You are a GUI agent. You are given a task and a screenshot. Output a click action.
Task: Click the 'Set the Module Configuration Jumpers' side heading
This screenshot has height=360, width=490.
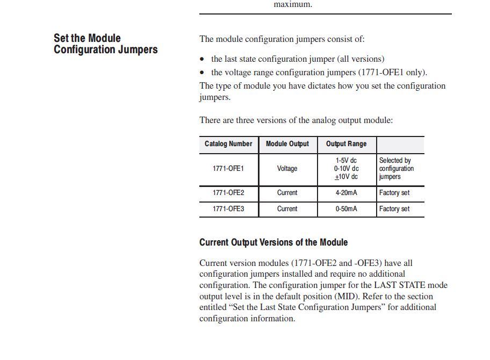click(105, 44)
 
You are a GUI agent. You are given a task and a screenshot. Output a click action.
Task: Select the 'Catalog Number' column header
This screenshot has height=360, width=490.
click(228, 144)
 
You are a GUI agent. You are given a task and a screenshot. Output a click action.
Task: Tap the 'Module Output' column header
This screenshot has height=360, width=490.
click(287, 144)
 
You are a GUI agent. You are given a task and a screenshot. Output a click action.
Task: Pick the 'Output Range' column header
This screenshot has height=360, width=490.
click(346, 144)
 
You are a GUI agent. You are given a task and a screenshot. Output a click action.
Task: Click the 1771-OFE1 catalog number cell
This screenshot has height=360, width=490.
click(228, 169)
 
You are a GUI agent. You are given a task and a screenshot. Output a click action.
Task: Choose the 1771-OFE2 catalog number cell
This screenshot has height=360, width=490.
click(228, 193)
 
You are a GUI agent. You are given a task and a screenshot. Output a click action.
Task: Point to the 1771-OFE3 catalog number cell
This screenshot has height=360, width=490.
click(228, 209)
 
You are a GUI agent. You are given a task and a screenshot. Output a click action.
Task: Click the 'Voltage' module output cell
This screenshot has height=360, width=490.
click(287, 169)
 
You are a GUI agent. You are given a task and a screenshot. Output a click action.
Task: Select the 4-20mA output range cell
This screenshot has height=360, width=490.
click(346, 193)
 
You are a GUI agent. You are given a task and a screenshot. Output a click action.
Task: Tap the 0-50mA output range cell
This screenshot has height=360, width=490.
click(346, 209)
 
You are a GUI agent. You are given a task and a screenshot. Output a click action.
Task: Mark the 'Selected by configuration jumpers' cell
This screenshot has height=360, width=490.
click(397, 169)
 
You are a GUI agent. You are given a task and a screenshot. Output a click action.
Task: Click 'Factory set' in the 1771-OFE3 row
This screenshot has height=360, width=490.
click(394, 209)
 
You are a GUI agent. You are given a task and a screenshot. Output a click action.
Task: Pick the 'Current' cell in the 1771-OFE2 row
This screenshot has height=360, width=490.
click(287, 193)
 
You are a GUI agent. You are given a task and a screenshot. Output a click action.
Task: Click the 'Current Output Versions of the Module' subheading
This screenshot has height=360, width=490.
click(273, 242)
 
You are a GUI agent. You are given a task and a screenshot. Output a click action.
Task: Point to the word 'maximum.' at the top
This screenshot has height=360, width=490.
click(293, 4)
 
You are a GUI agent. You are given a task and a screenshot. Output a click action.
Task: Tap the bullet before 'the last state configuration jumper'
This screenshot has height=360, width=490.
click(202, 59)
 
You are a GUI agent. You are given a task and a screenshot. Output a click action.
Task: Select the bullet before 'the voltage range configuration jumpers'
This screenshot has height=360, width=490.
click(202, 73)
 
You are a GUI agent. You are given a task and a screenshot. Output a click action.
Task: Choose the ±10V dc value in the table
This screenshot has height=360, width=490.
click(346, 177)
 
